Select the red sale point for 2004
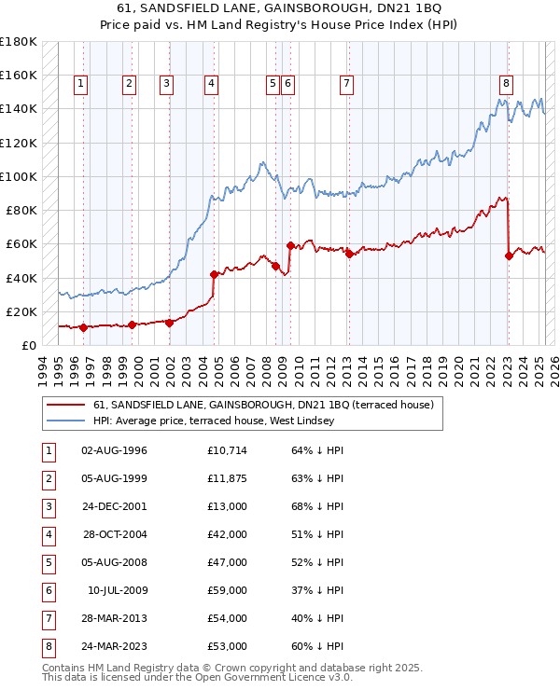[x=215, y=274]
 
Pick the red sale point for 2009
[x=290, y=246]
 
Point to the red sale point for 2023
[x=509, y=255]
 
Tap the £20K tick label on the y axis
[x=22, y=311]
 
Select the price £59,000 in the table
[x=227, y=590]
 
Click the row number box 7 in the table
[x=48, y=618]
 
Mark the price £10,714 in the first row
[x=227, y=450]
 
